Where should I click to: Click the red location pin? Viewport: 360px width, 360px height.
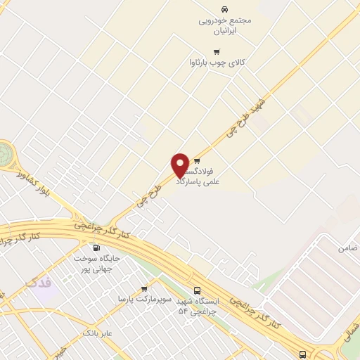point(181,165)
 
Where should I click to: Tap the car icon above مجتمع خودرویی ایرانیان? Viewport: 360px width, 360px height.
point(224,9)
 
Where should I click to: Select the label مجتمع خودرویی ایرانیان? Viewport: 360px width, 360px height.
point(224,26)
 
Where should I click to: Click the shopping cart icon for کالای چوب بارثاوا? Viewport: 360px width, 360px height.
point(217,51)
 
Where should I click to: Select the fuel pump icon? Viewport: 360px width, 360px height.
point(96,247)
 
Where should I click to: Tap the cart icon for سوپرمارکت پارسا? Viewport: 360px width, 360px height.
point(144,288)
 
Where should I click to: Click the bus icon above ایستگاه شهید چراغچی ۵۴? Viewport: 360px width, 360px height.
point(197,290)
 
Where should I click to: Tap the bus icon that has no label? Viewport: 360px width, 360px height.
point(302,354)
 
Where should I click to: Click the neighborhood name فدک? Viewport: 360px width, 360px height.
point(38,283)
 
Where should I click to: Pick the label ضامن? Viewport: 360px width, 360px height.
point(347,248)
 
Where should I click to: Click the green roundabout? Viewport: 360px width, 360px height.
point(5,154)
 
